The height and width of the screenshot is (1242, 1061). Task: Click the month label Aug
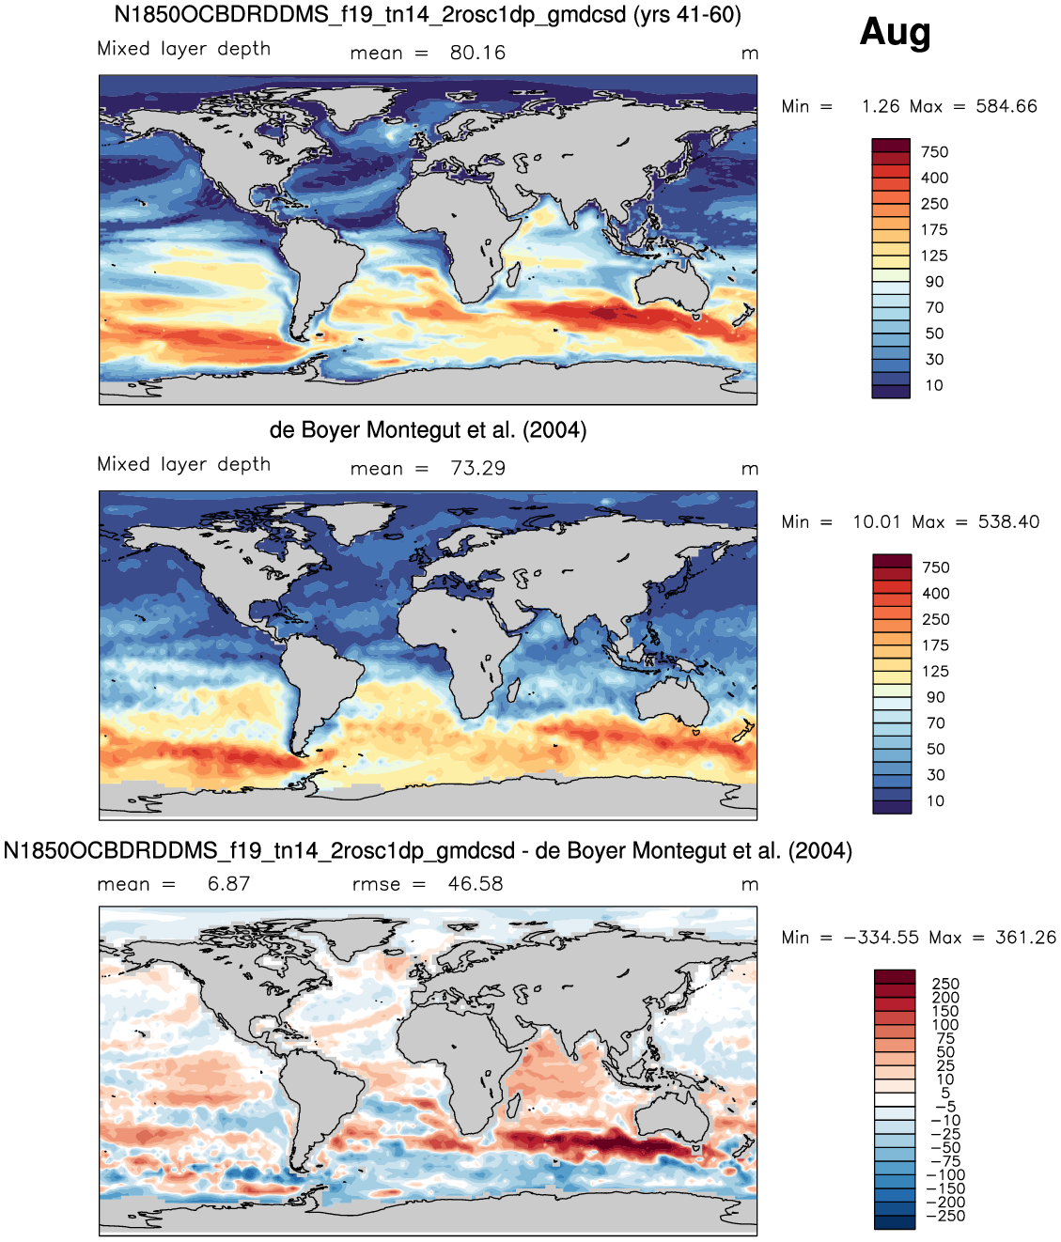click(895, 32)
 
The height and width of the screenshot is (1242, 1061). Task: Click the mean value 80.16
click(477, 53)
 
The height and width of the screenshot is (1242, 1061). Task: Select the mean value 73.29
click(477, 468)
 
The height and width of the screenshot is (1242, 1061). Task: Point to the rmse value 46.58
click(476, 884)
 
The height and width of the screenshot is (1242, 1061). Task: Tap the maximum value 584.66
click(1006, 106)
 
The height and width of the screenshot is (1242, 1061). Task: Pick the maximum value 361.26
click(1026, 938)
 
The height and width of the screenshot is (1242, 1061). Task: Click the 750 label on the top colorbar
click(935, 152)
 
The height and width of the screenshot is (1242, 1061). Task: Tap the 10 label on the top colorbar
click(934, 385)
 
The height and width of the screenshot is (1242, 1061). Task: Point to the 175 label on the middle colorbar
click(935, 645)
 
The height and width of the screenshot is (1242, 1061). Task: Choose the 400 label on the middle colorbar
click(936, 594)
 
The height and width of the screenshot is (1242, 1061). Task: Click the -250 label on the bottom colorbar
click(945, 1216)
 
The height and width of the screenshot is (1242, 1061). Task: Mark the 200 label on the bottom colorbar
click(945, 998)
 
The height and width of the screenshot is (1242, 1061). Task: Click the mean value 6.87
click(229, 884)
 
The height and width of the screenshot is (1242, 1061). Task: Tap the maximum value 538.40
click(1008, 521)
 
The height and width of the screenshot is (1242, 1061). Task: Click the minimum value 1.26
click(881, 106)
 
